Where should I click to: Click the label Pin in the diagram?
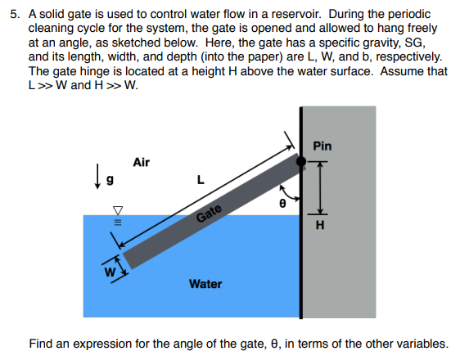pyautogui.click(x=322, y=146)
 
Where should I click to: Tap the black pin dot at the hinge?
pyautogui.click(x=301, y=162)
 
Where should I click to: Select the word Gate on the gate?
pyautogui.click(x=210, y=214)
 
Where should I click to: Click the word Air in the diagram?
pyautogui.click(x=141, y=163)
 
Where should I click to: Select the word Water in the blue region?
pyautogui.click(x=205, y=284)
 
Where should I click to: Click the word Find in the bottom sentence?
pyautogui.click(x=41, y=343)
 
